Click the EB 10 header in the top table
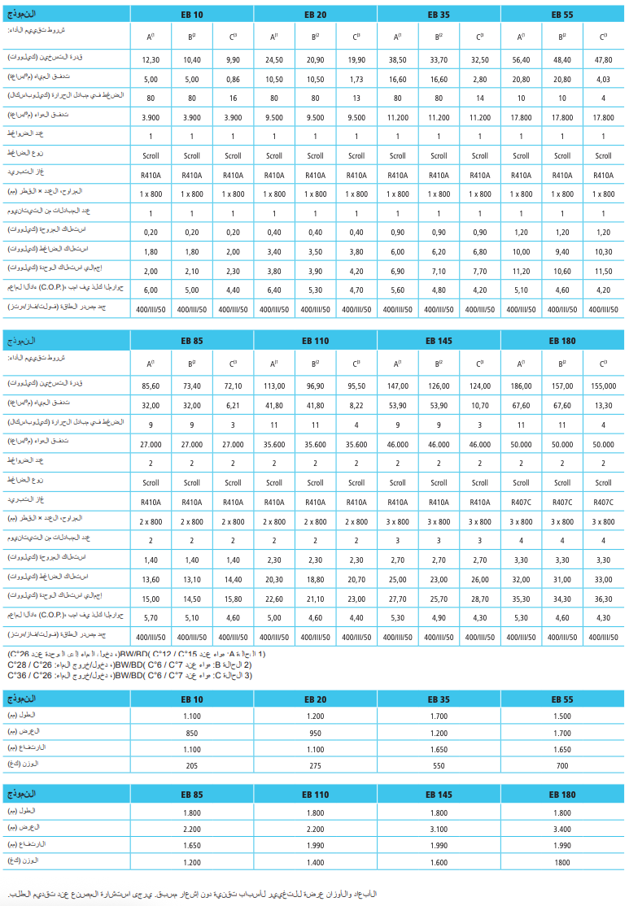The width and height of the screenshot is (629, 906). pos(192,14)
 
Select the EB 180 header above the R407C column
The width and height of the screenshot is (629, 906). pos(562,341)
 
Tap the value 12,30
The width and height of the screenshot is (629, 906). pos(151,60)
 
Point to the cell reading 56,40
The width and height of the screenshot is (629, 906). pos(521,60)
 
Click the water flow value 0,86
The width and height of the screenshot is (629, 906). pos(233,80)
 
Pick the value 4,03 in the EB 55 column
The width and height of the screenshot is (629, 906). pos(603,80)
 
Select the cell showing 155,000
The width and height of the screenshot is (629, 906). pos(603,386)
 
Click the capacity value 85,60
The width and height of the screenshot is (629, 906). pos(151,386)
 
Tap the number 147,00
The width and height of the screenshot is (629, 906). pos(397,386)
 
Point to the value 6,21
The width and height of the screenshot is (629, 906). pos(233,406)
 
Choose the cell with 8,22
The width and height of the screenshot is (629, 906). pos(356,406)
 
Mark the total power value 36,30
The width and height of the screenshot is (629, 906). pos(603,599)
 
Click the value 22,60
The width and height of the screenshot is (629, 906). pos(274,599)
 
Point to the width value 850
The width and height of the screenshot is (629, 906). pos(192,731)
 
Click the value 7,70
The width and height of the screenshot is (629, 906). pos(480,271)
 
